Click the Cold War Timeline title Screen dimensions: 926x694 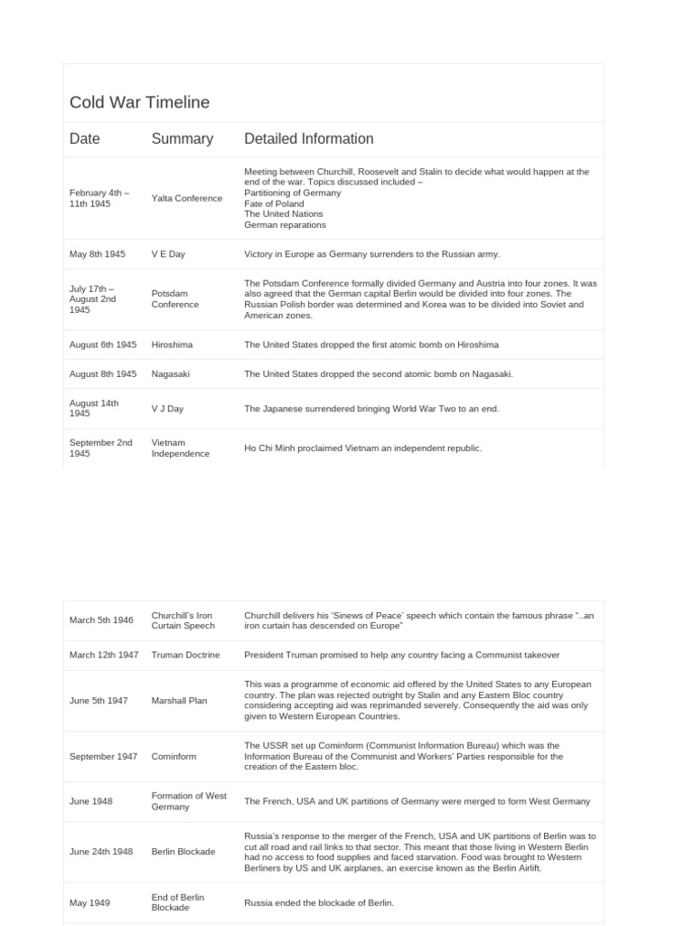139,102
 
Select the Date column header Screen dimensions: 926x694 85,139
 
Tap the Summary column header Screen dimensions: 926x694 182,139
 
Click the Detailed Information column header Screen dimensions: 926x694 308,139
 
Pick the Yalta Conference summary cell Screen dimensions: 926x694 186,198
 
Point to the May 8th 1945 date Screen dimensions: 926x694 98,254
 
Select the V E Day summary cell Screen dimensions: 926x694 168,254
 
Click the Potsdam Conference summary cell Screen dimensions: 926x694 175,299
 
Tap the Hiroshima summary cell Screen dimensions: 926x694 172,345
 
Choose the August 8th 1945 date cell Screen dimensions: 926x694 103,373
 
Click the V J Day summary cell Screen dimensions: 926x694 167,409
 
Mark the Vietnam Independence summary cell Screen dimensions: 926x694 180,449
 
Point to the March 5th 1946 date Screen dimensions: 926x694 101,620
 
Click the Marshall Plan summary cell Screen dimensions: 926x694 179,701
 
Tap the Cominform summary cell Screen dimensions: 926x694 173,756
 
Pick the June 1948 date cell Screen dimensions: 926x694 90,801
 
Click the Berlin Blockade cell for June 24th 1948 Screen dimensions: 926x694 183,852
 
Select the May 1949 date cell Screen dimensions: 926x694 89,902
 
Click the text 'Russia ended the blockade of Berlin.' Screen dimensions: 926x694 319,902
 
